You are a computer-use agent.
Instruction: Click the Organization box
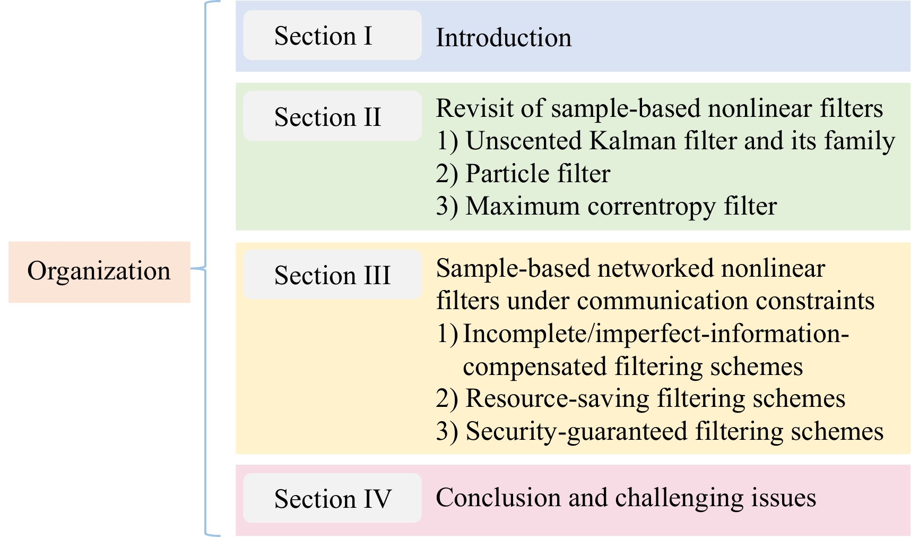(99, 272)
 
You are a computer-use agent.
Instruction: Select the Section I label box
(332, 36)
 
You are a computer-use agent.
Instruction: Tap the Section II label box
(332, 116)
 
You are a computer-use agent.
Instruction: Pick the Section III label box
(332, 275)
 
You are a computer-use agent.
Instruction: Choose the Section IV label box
(332, 498)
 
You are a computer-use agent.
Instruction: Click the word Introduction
(504, 38)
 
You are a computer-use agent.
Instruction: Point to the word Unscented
(524, 141)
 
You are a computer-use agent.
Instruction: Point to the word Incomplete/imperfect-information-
(656, 334)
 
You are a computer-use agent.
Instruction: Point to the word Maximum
(523, 206)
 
